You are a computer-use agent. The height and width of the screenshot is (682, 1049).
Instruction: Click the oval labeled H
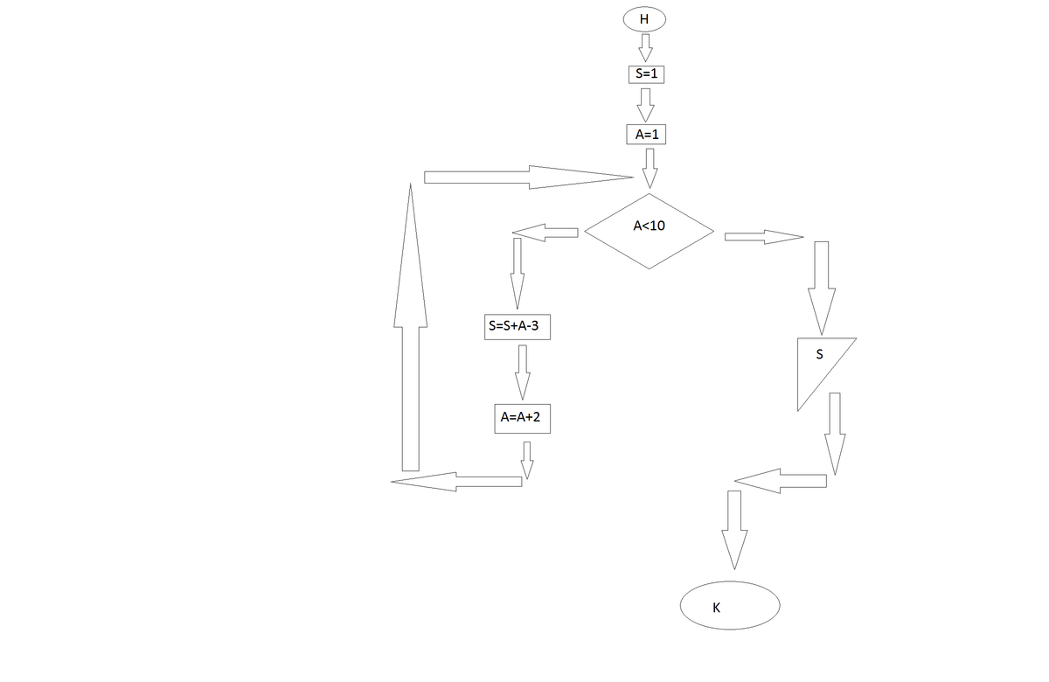pos(644,18)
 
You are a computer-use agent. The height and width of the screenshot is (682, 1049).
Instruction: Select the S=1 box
pos(645,74)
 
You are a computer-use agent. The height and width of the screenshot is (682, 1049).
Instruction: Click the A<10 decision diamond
pos(649,232)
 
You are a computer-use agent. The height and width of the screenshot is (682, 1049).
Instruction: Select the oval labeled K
pos(730,604)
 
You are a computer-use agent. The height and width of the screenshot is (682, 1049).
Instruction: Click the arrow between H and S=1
pos(645,46)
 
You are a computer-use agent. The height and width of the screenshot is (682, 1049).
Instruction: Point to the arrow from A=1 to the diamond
pos(649,166)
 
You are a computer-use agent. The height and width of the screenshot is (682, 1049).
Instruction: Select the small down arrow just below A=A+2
pos(526,459)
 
